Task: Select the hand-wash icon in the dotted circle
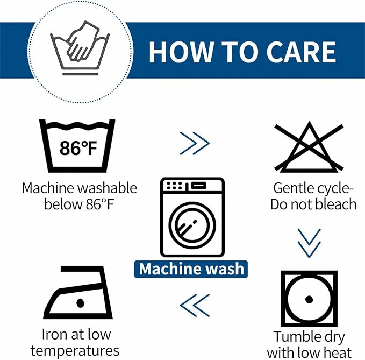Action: coord(80,48)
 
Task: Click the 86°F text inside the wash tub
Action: coord(78,148)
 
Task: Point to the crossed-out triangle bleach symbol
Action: coord(309,147)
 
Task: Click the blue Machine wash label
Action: coord(191,269)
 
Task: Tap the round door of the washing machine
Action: coord(192,225)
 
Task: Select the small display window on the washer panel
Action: coord(198,186)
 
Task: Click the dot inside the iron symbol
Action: coord(80,303)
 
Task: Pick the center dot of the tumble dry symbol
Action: coord(309,299)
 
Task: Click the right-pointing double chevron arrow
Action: coord(195,143)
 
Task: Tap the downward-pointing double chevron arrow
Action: coord(309,243)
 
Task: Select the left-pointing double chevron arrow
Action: coord(195,306)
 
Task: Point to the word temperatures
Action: coord(75,351)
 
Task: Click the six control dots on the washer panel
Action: coord(174,186)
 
